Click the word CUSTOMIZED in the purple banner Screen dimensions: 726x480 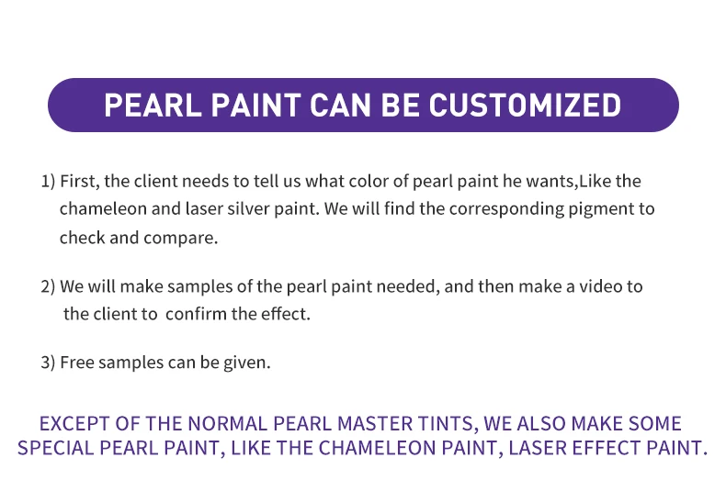(525, 105)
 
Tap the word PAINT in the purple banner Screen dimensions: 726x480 (256, 105)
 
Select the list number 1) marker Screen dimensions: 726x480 (48, 182)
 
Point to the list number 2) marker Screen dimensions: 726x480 (48, 286)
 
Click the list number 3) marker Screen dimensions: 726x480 (48, 363)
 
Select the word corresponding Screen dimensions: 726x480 (506, 209)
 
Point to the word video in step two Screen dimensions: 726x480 (600, 286)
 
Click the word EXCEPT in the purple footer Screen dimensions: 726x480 (74, 424)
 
